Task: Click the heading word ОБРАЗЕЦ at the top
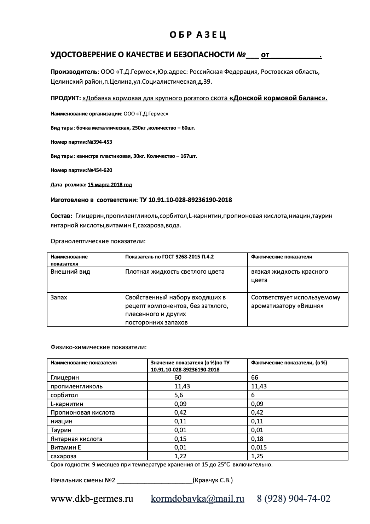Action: coord(198,35)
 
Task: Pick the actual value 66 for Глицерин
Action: coord(255,377)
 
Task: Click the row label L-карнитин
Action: coord(67,404)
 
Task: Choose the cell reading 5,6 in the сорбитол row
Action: coord(180,395)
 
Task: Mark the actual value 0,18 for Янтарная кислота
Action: coord(257,439)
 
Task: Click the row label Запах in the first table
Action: coord(59,297)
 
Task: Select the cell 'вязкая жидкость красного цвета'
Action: coord(289,276)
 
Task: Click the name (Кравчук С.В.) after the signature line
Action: coord(213,480)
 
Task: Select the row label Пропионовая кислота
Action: coord(83,412)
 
